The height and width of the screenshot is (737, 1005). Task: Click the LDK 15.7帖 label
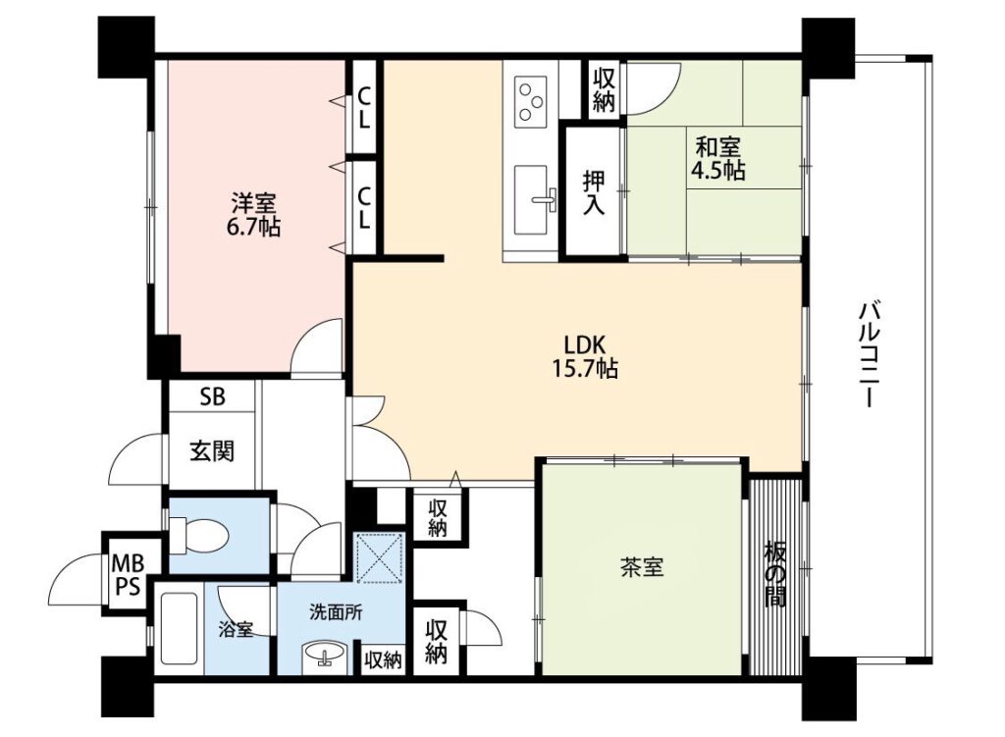point(585,356)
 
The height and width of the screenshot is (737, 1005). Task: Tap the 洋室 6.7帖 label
point(254,215)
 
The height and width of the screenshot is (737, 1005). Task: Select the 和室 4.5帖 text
point(717,159)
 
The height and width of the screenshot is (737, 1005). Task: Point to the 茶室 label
point(642,567)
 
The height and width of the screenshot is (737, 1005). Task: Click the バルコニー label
point(870,355)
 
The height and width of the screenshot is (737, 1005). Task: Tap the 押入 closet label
point(594,192)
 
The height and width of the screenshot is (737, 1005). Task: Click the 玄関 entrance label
point(212,451)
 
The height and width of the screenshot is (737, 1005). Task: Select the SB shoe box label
point(213,396)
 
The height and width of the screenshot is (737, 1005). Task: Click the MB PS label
point(127,575)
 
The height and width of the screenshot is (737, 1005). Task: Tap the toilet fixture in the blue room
point(197,534)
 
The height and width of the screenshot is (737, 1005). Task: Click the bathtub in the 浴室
point(179,628)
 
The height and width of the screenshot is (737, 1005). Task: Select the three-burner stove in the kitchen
point(531,101)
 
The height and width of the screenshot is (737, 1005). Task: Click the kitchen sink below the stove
point(532,199)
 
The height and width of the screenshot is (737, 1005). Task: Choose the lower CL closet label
point(364,208)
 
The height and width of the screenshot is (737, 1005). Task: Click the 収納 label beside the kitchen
point(605,89)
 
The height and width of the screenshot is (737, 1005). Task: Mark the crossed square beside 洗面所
point(380,556)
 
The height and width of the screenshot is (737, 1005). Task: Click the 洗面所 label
point(336,612)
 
